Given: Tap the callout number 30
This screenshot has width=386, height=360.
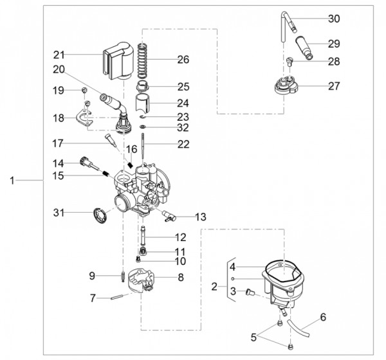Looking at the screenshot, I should click(x=333, y=19).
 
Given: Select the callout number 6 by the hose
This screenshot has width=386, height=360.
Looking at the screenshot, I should click(x=323, y=317).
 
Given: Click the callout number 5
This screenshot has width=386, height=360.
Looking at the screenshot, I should click(x=253, y=337).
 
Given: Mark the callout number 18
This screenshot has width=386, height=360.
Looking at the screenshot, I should click(x=59, y=118).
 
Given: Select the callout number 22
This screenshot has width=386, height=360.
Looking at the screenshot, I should click(x=183, y=145).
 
